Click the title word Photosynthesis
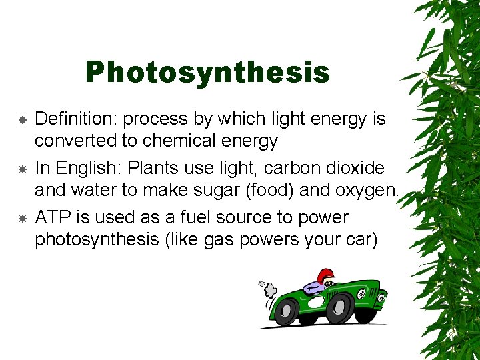tap(207, 73)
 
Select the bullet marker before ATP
tap(21, 219)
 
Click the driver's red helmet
tap(325, 275)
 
